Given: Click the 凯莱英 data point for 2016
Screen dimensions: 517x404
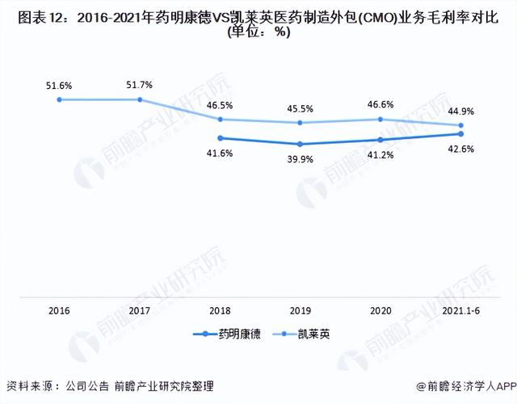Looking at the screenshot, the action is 59,99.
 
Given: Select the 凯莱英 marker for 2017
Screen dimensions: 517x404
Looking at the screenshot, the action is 140,99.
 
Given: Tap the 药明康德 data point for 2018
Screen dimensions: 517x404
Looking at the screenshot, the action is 221,138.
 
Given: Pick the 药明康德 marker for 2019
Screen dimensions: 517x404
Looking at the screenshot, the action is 300,144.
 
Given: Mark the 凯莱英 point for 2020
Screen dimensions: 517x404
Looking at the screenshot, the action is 380,119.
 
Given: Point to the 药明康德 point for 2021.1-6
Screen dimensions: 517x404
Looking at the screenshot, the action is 461,133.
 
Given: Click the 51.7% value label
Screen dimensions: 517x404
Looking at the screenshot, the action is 140,85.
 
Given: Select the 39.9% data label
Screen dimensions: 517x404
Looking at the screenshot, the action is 300,160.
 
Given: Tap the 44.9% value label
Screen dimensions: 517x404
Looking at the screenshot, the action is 461,112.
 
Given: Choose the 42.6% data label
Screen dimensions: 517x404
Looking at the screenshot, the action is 461,149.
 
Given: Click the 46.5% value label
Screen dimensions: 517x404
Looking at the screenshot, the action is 220,106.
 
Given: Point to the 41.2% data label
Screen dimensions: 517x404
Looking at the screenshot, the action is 380,155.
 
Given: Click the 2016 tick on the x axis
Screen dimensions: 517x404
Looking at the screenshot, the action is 59,310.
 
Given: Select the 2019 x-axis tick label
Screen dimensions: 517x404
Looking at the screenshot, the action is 301,310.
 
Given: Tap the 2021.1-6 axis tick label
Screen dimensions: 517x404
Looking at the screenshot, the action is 461,310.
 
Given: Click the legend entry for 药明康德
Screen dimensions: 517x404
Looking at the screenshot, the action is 227,334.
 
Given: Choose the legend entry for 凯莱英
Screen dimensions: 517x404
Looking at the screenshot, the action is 301,334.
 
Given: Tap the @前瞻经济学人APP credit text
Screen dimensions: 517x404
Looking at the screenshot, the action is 466,386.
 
